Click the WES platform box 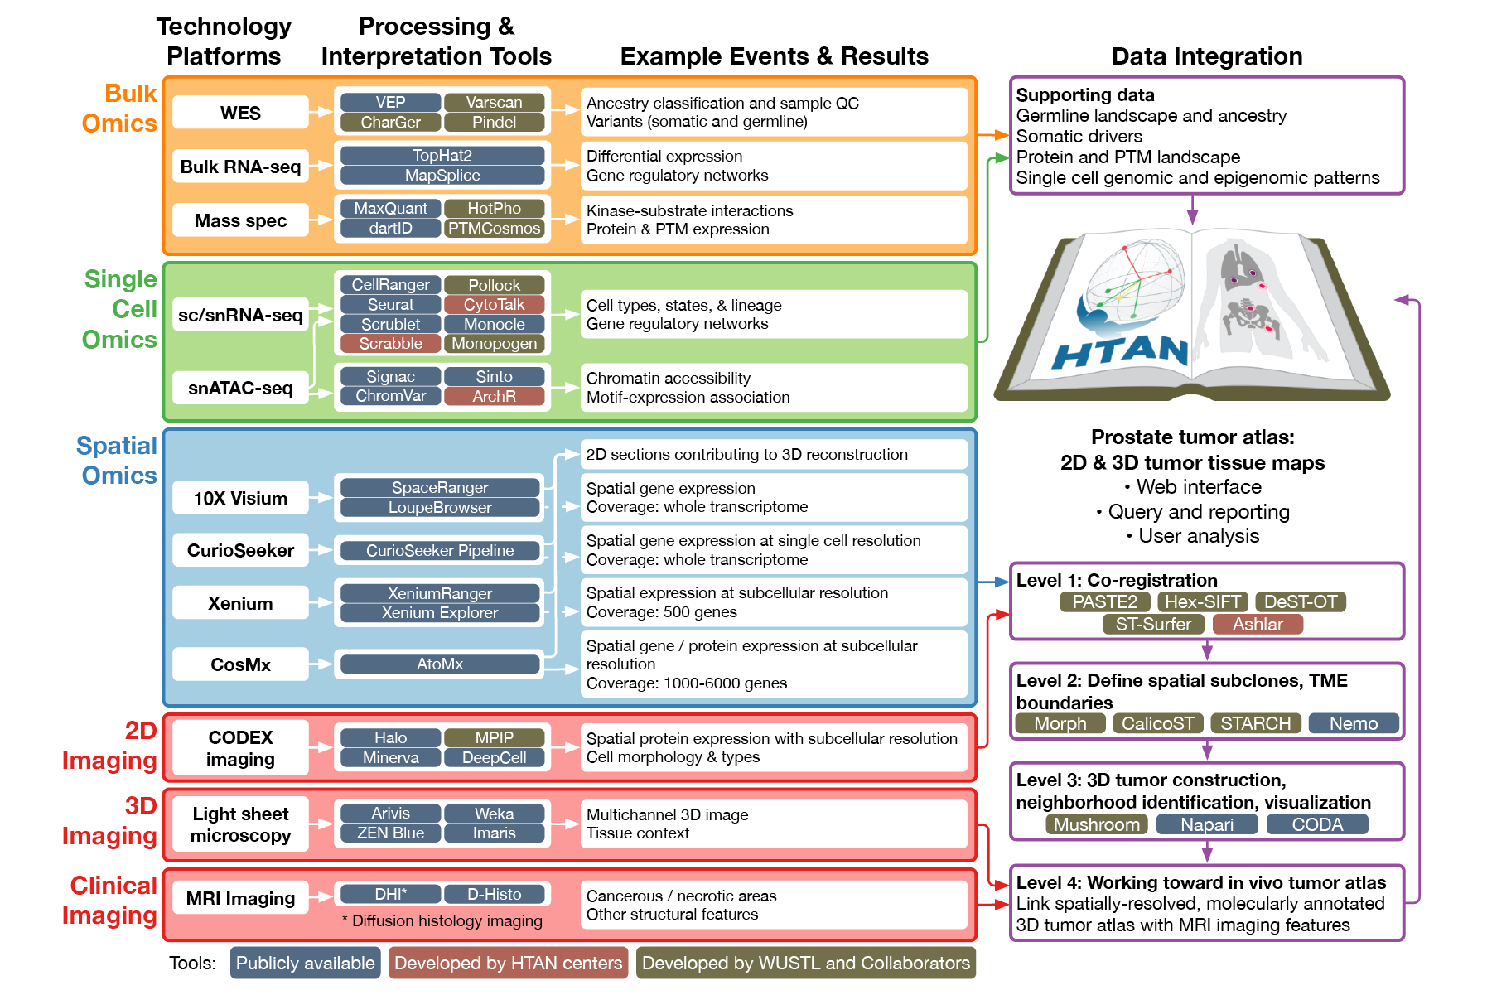[x=240, y=113]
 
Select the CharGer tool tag [x=390, y=123]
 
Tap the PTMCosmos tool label [x=494, y=229]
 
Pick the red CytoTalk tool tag [x=494, y=305]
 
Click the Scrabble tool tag [x=390, y=344]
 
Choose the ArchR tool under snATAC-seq [x=494, y=397]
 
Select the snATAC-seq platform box [x=240, y=388]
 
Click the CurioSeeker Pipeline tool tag [x=440, y=551]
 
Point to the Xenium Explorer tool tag [x=440, y=613]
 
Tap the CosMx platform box [x=240, y=664]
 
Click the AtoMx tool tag [x=440, y=664]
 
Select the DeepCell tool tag [x=494, y=758]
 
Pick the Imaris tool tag [x=494, y=833]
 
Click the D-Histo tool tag [x=494, y=895]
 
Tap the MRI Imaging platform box [x=240, y=898]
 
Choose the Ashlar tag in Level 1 [x=1257, y=625]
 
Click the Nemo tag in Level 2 [x=1353, y=724]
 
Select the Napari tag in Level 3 [x=1206, y=825]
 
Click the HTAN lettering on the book [x=1121, y=351]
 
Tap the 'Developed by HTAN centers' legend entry [x=508, y=963]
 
